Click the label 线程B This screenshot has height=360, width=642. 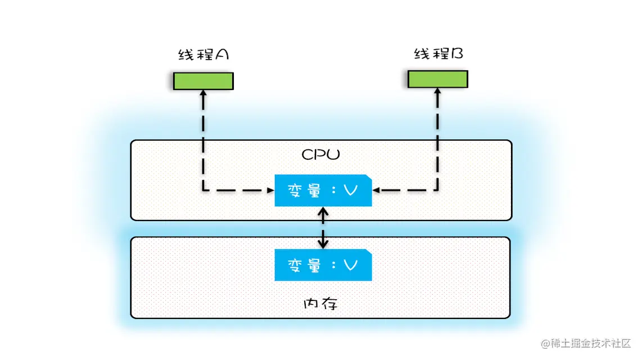coord(438,54)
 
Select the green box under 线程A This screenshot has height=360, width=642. coord(203,81)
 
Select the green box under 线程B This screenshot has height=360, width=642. coord(437,79)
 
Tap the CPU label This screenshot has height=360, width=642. coord(321,155)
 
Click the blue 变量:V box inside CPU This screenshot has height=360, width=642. coord(323,191)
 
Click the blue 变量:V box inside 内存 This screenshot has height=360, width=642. coord(323,265)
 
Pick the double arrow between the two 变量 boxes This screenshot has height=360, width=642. coord(323,228)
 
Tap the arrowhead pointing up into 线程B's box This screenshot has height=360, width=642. coord(437,93)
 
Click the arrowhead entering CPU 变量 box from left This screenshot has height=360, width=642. coord(270,191)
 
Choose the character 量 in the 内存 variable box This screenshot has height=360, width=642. coord(314,265)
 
